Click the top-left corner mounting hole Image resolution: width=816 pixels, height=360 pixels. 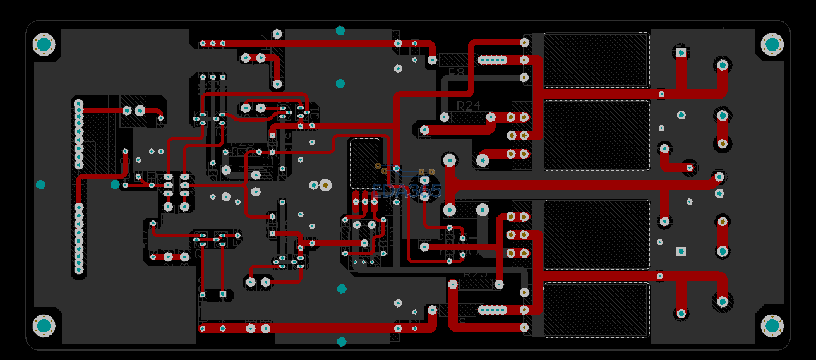(x=44, y=45)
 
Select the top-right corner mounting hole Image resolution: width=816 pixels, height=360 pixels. (x=772, y=44)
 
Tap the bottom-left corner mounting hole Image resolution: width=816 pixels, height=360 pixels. (x=44, y=325)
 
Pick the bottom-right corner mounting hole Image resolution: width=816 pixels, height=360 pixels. (x=772, y=325)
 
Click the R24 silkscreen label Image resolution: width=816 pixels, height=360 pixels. (x=468, y=105)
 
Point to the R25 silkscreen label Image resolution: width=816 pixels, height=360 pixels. (x=476, y=275)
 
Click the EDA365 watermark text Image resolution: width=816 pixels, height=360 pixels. (x=406, y=191)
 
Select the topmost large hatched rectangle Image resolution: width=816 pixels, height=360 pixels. (x=596, y=60)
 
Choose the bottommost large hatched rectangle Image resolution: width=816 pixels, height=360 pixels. (x=596, y=309)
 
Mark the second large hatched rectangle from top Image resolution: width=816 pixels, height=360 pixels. (x=596, y=135)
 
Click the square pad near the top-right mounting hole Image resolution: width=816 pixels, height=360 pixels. (x=681, y=53)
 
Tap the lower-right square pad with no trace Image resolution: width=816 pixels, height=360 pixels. (x=681, y=251)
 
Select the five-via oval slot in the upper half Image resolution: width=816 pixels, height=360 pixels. (x=493, y=60)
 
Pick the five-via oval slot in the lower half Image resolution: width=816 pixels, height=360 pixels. (x=493, y=309)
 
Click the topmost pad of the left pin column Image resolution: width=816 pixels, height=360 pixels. (x=79, y=103)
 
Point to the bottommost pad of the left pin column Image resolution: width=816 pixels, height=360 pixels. (x=79, y=270)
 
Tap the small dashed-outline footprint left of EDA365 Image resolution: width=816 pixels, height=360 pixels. (x=365, y=164)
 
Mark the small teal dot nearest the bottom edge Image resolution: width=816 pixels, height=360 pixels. (x=342, y=342)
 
